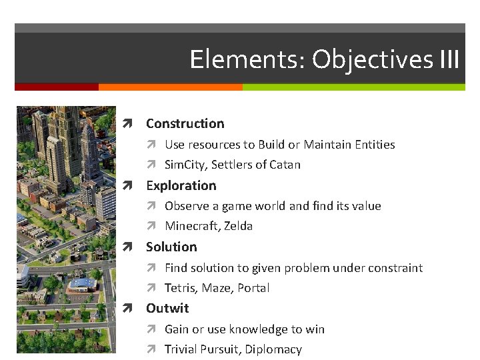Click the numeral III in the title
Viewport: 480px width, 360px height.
[449, 59]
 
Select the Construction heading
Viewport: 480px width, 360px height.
[185, 123]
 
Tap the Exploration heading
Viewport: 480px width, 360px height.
[181, 185]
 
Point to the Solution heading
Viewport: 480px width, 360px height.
[171, 247]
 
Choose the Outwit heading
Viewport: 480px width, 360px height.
[167, 308]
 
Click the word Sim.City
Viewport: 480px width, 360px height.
[185, 165]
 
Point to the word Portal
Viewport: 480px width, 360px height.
[253, 288]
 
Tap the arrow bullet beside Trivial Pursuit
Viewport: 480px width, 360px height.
[151, 350]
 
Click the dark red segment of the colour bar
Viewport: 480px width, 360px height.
[57, 87]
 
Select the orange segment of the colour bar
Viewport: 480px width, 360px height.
[170, 87]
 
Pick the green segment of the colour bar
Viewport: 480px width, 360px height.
[353, 87]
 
